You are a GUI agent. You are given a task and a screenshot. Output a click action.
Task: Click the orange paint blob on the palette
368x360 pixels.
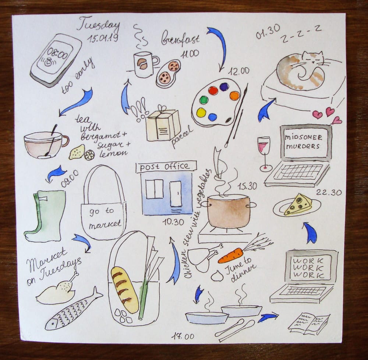click(234, 96)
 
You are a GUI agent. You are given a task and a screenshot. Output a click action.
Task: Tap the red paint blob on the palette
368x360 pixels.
click(213, 90)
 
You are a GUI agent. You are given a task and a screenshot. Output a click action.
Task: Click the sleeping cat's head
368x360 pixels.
click(312, 58)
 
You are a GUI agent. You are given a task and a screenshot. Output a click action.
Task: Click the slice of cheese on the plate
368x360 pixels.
click(298, 204)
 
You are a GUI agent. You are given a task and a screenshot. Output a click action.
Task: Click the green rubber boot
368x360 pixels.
click(45, 216)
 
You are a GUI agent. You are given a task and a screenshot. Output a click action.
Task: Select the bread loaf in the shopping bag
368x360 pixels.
click(125, 290)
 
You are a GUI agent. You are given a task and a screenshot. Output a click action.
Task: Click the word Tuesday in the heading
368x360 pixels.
click(98, 24)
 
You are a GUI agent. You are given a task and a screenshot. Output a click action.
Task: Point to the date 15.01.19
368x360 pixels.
click(103, 38)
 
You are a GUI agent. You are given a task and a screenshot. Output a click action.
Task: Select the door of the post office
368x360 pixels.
click(176, 194)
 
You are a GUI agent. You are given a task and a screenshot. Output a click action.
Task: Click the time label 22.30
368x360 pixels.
click(329, 192)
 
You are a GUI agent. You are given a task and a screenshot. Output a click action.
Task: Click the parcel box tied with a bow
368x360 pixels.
click(163, 124)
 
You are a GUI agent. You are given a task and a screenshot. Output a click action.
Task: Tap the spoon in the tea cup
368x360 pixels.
click(51, 141)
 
